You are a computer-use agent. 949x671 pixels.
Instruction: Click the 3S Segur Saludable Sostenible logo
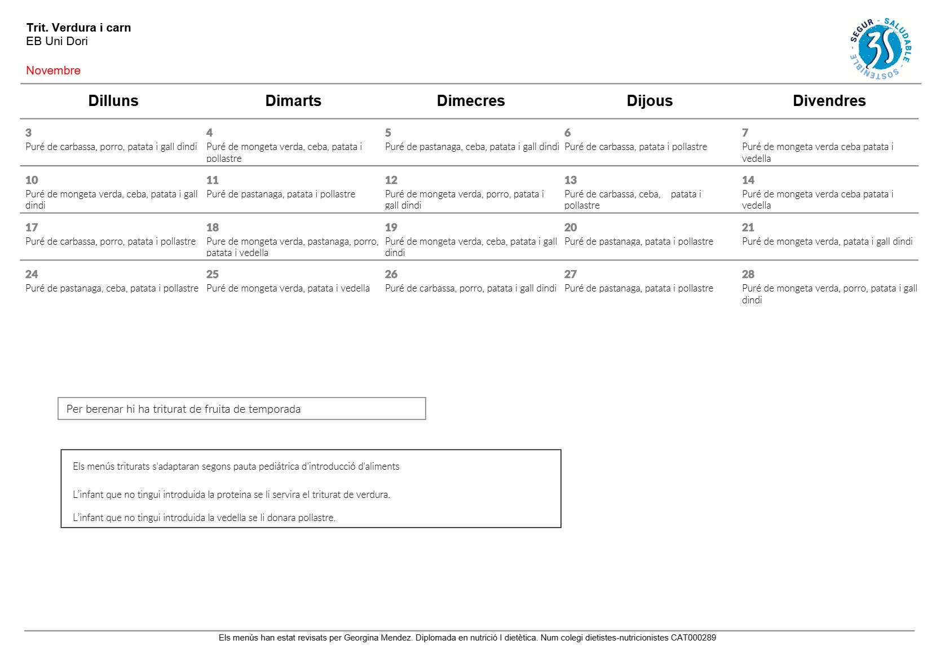(x=880, y=49)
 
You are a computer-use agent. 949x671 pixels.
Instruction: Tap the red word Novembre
(x=53, y=70)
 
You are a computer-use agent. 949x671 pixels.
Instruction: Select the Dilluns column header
(x=113, y=101)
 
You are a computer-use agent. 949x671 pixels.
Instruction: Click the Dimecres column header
(x=471, y=101)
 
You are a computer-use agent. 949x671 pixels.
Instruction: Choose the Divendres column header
(x=829, y=101)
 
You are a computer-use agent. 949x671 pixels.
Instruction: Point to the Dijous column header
(x=650, y=101)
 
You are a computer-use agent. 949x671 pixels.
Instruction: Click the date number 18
(x=213, y=228)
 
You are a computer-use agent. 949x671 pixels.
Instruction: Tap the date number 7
(x=745, y=133)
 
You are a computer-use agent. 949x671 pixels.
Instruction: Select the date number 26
(x=391, y=275)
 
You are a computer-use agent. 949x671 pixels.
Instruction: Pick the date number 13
(x=571, y=180)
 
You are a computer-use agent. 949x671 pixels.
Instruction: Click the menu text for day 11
(x=281, y=194)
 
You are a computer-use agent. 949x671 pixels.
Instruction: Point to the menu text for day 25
(x=288, y=288)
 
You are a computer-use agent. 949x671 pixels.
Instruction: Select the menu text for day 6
(x=635, y=147)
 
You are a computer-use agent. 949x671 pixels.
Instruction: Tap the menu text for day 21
(x=827, y=241)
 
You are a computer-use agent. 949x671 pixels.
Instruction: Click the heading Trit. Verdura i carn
(x=78, y=28)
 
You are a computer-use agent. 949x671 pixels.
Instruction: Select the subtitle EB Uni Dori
(x=57, y=41)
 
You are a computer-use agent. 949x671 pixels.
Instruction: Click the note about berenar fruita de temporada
(x=184, y=409)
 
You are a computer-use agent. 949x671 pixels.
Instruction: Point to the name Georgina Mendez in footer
(x=378, y=638)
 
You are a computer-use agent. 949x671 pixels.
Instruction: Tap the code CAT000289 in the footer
(x=693, y=638)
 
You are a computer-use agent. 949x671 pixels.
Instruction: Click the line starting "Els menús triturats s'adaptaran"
(x=236, y=466)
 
